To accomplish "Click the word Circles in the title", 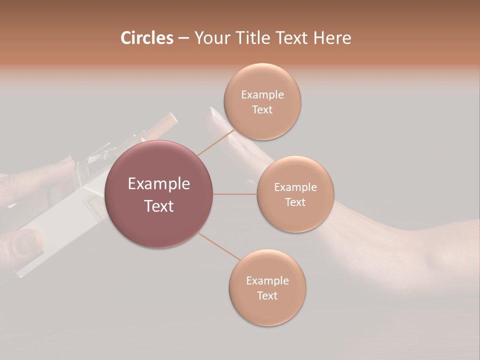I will tap(147, 38).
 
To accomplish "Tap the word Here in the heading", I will tap(332, 38).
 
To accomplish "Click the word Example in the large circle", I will tap(159, 184).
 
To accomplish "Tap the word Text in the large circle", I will tap(159, 206).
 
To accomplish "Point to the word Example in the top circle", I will tap(262, 95).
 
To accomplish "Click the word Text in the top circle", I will tap(262, 110).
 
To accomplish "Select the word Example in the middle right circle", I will tap(295, 187).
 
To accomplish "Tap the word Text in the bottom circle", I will tap(267, 295).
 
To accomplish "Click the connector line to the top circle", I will tap(216, 142).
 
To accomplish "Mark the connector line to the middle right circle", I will tap(235, 194).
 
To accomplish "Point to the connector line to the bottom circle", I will tap(219, 246).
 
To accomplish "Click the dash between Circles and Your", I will tap(183, 38).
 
